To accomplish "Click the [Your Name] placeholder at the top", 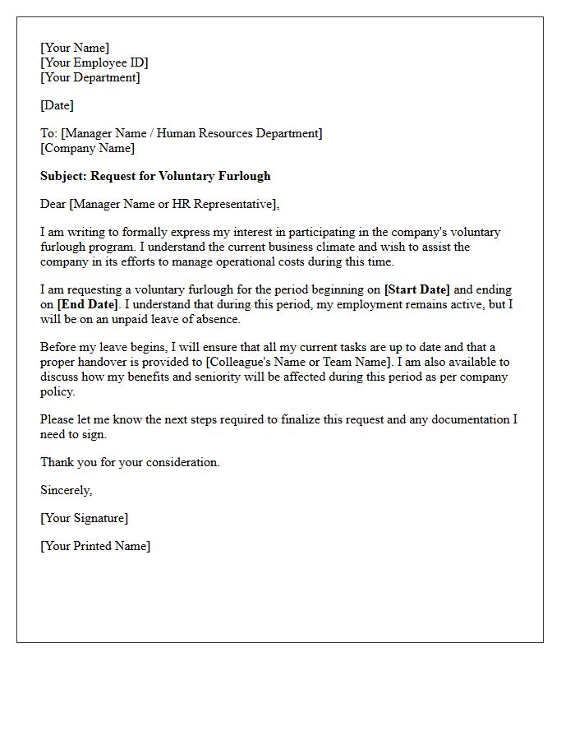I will pos(75,48).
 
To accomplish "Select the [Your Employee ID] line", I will pos(94,62).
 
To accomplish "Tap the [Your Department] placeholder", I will pos(90,77).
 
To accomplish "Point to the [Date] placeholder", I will pos(57,105).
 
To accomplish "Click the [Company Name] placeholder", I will pos(87,148).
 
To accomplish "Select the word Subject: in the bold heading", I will pos(63,176).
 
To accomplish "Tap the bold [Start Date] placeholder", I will pos(417,289).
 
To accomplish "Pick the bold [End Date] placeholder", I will pos(88,304).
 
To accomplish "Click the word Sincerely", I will pos(67,490).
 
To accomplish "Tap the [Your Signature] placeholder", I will pos(84,518).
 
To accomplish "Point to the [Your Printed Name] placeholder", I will pos(95,546).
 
